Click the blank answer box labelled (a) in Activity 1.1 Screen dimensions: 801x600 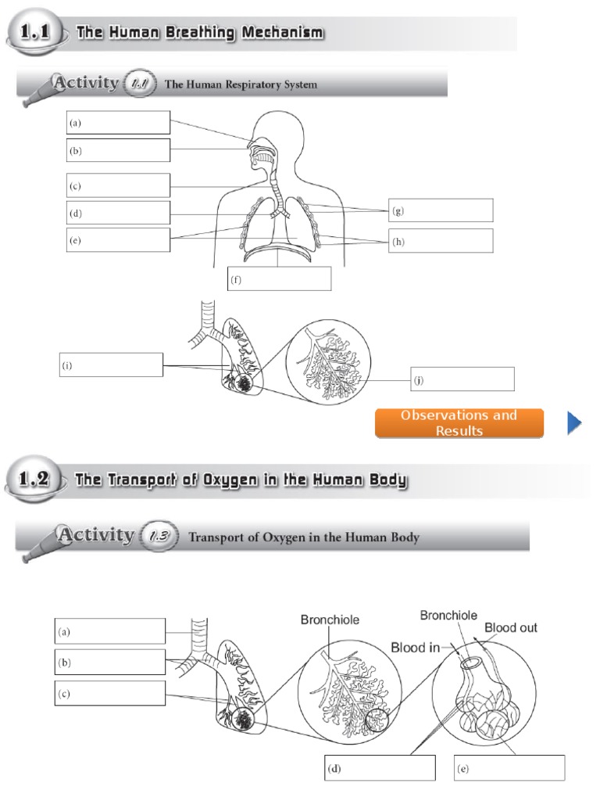[118, 123]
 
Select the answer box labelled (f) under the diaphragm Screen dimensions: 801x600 [279, 279]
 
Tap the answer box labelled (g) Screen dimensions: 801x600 [441, 210]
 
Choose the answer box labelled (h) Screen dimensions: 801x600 [441, 241]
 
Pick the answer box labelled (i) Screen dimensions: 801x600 [111, 365]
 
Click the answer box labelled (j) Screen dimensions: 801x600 [462, 379]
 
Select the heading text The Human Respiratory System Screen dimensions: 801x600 [241, 84]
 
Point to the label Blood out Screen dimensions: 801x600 [510, 627]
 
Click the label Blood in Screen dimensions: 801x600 [414, 646]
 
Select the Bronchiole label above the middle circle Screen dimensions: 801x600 [330, 620]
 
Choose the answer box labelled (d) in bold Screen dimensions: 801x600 [380, 768]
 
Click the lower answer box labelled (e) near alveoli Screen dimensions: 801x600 [509, 768]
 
